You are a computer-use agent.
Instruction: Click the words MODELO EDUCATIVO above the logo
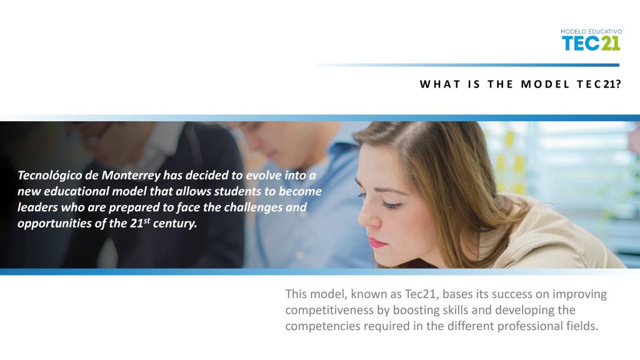pos(591,31)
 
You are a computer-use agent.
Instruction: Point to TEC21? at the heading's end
pos(599,84)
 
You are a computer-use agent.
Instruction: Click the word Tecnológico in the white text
pos(49,176)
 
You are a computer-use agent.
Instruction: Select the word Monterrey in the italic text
pos(131,175)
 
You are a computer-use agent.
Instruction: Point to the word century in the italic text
pos(175,223)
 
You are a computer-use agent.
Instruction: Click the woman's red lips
pos(377,242)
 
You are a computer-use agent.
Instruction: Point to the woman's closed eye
pos(391,204)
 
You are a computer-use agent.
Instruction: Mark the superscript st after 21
pos(147,221)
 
